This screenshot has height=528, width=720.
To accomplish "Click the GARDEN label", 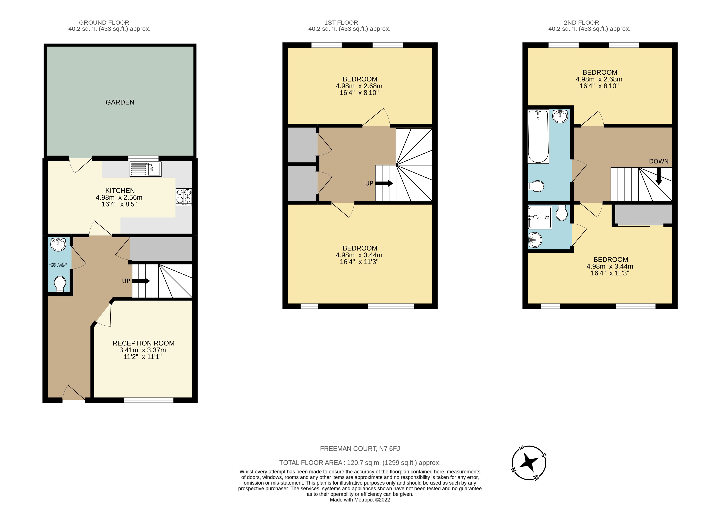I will [x=120, y=102].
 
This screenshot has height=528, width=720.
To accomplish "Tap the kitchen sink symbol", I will [x=146, y=169].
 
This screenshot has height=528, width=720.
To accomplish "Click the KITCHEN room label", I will [x=120, y=191].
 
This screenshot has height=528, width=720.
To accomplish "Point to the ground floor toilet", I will [x=60, y=283].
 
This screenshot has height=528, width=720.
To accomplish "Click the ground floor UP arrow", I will [x=141, y=281].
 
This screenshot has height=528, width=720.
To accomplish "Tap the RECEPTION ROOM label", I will [x=143, y=343].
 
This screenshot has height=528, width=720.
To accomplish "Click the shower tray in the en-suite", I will [x=540, y=218].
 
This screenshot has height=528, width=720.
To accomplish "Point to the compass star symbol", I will [x=528, y=463].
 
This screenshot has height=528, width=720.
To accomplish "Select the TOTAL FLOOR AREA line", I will [x=360, y=463].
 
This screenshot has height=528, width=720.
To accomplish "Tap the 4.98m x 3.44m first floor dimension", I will [x=359, y=255].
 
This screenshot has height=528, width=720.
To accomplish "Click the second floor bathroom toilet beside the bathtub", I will [x=537, y=186].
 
